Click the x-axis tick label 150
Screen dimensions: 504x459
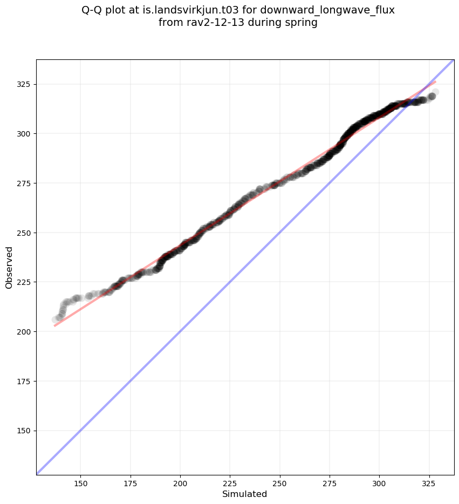click(x=80, y=482)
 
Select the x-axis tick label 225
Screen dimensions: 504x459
click(x=230, y=482)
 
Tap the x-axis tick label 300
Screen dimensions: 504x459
click(x=379, y=482)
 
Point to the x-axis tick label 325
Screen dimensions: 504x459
click(x=429, y=482)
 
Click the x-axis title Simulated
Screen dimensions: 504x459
click(x=245, y=494)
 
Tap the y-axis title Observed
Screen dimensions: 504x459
click(x=9, y=267)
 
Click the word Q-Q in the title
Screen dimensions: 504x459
click(x=93, y=10)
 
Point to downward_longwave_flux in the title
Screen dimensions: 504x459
click(x=327, y=10)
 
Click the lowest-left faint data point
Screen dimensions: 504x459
click(x=55, y=319)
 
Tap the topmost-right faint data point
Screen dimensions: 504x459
click(x=435, y=92)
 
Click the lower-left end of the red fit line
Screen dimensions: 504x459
click(x=55, y=325)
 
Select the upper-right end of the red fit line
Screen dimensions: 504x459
click(x=435, y=81)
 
